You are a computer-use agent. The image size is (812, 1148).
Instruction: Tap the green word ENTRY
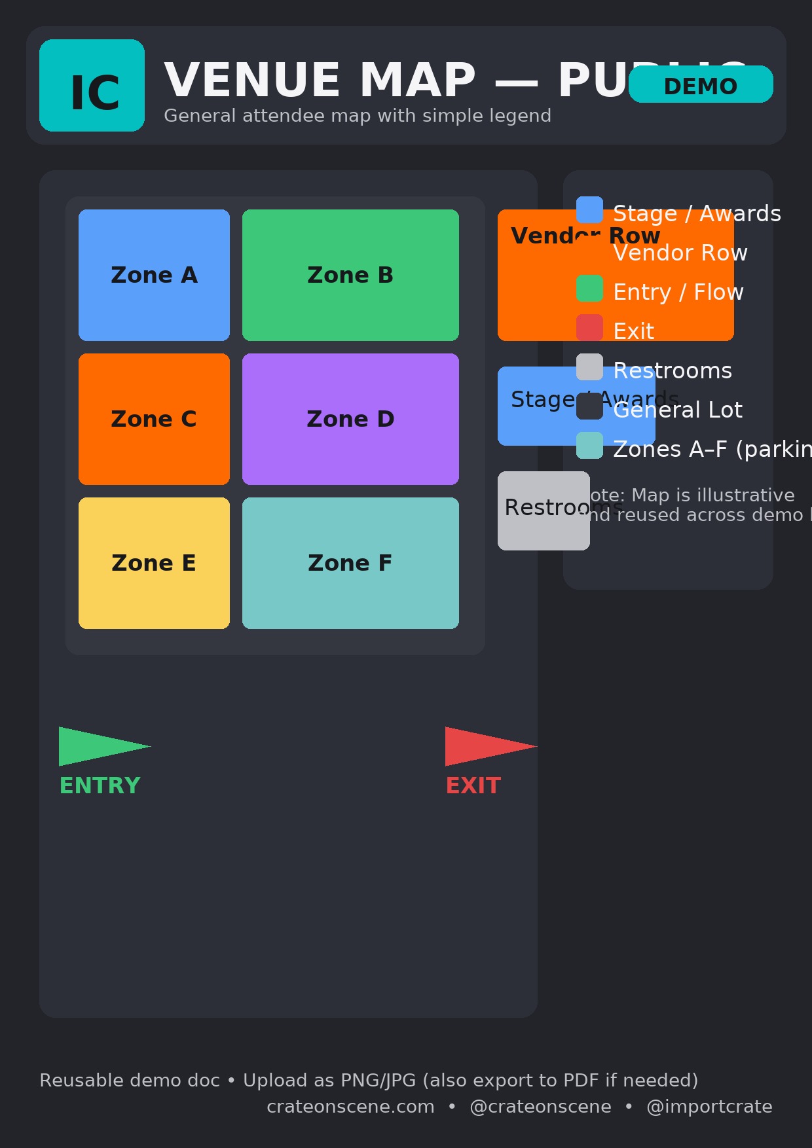coord(100,785)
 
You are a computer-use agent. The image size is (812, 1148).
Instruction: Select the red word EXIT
coord(473,785)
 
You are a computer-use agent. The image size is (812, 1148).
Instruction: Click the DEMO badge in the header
coord(701,84)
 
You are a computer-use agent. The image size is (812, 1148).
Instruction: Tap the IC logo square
coord(92,85)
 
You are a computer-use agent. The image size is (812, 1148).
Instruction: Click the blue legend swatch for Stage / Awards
coord(589,209)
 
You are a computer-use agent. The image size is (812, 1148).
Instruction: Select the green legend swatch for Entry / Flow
coord(589,288)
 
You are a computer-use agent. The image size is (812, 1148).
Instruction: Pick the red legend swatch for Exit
coord(589,327)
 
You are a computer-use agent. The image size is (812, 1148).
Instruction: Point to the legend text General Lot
coord(678,410)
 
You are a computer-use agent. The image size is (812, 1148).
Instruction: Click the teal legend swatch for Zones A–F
coord(589,445)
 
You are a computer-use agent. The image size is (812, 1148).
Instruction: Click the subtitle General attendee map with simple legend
coord(358,116)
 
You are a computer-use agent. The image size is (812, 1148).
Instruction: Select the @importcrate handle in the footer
coord(709,1107)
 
